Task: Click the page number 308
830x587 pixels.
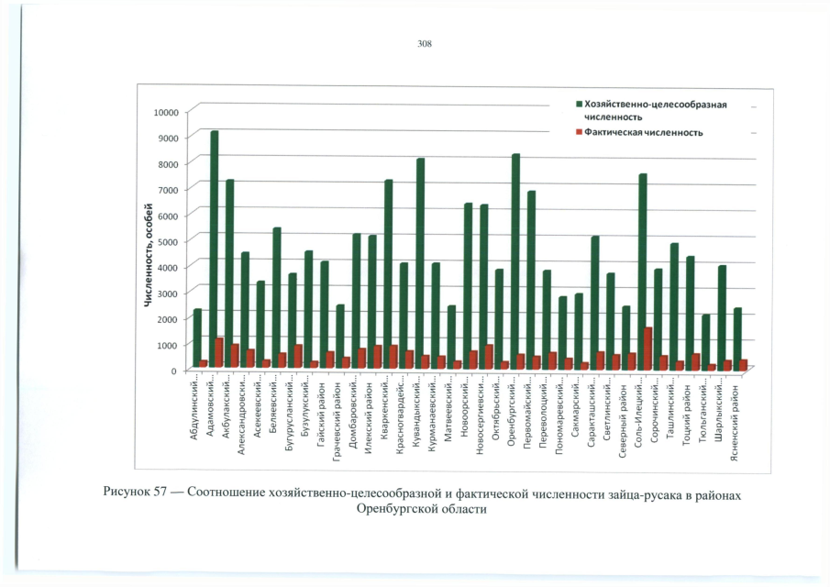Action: [424, 44]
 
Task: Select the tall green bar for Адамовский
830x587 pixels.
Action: [214, 248]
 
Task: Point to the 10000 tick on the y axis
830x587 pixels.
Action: [168, 112]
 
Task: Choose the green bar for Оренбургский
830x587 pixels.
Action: [515, 261]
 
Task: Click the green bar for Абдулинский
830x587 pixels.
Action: [197, 339]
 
